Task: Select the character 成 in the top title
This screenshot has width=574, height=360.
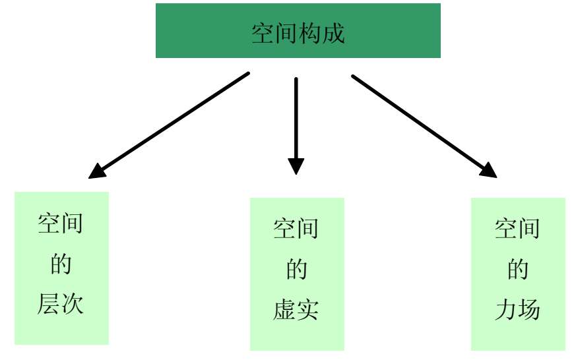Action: pos(334,34)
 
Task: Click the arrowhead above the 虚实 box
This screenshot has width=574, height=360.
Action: pos(296,165)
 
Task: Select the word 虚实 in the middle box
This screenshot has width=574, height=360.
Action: pos(296,311)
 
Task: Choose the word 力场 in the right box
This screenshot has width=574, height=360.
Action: pos(517,310)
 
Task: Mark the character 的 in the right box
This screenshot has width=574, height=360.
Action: pos(518,270)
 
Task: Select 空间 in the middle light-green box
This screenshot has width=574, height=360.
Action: pos(296,229)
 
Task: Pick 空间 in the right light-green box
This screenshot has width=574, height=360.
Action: pos(518,229)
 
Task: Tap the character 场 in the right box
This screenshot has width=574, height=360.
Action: pos(530,310)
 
